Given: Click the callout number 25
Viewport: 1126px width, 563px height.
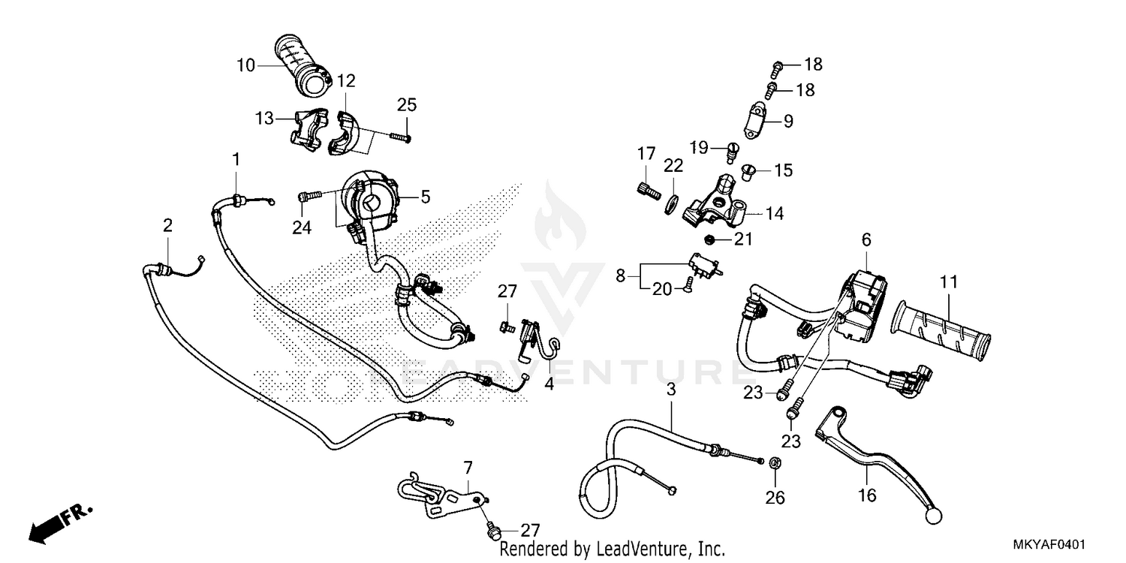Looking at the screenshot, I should [x=407, y=105].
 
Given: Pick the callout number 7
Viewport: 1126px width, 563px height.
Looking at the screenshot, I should [x=468, y=468].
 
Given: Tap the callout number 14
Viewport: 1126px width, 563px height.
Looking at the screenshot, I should [x=774, y=214].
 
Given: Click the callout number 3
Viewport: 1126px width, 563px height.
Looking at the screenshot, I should [x=671, y=389].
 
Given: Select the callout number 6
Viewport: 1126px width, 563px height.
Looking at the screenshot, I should [x=866, y=239].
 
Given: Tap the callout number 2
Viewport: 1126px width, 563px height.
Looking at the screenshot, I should [x=167, y=225].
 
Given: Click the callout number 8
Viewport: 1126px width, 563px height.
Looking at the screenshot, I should [x=620, y=275].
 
